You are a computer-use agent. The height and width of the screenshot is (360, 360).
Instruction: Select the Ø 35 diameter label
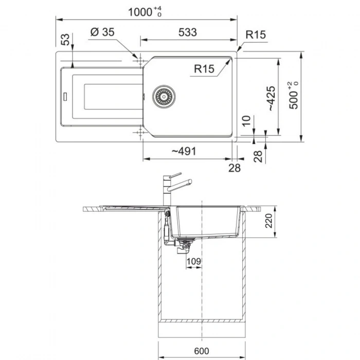[x=102, y=32]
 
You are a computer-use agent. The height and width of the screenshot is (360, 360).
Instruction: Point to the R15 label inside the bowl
[x=205, y=68]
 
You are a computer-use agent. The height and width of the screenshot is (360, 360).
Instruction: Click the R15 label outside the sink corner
[x=255, y=35]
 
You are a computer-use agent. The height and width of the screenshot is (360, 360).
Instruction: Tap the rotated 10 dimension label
[x=246, y=121]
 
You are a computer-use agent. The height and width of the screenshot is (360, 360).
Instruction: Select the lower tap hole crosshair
[x=138, y=134]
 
